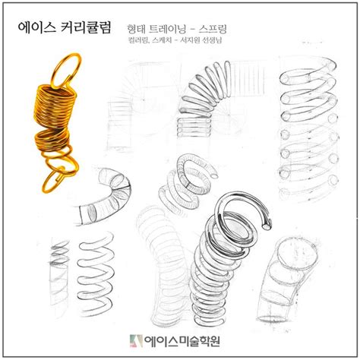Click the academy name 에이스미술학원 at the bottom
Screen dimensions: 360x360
[188, 340]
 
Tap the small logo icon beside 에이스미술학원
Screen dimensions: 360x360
[136, 340]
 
